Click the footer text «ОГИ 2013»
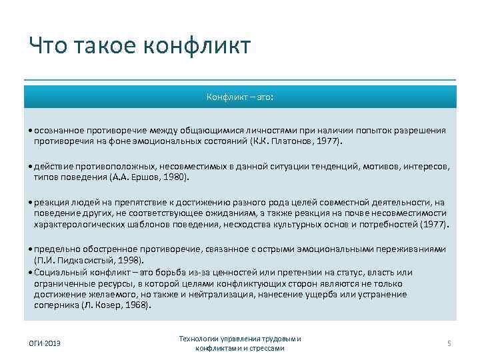43,343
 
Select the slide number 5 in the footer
449,343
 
